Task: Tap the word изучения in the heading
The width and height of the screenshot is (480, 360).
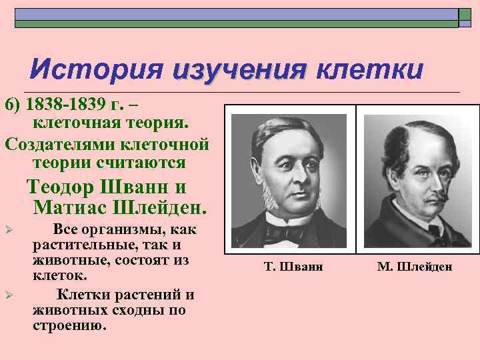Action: click(239, 69)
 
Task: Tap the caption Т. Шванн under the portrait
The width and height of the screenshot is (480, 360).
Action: click(293, 267)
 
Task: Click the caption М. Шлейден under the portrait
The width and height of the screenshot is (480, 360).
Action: click(414, 267)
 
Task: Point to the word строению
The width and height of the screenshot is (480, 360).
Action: click(69, 325)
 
